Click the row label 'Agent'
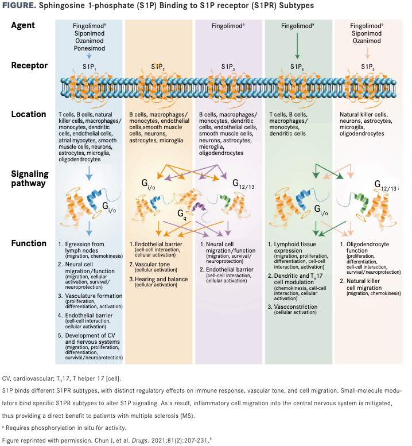24,26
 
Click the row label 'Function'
28,243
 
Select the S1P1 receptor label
88,67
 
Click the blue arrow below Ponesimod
88,57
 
